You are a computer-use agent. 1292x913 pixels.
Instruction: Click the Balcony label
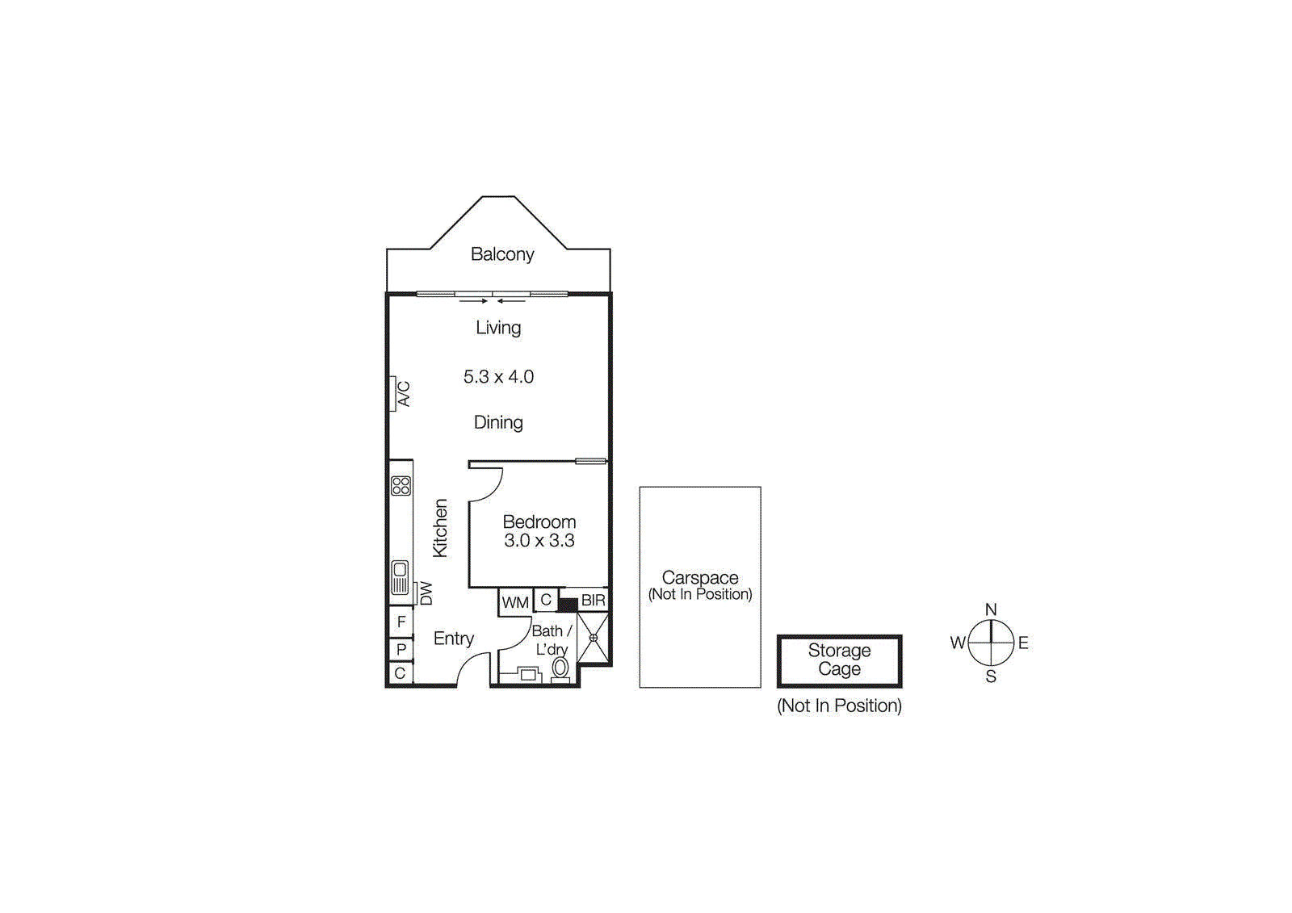click(501, 254)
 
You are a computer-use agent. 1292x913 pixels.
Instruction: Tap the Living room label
click(498, 328)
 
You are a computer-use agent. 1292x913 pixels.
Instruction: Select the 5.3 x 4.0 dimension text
click(498, 377)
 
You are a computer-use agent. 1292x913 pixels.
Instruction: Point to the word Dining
click(498, 423)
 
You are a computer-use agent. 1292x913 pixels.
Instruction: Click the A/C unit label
click(404, 394)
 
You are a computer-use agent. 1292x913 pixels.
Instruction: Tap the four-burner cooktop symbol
click(401, 486)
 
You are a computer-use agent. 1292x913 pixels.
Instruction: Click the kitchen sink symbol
click(400, 577)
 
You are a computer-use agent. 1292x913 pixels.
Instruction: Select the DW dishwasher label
click(426, 593)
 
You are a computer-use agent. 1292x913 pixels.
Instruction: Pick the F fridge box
click(401, 622)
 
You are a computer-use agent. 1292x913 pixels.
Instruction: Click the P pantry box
click(401, 649)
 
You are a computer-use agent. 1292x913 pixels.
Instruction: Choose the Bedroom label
click(539, 522)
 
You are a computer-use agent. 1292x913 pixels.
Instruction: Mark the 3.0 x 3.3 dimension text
click(539, 540)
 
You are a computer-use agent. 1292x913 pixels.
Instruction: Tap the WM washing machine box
click(515, 603)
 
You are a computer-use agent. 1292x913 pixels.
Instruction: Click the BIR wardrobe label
click(593, 601)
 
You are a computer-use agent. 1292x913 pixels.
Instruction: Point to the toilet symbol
click(560, 669)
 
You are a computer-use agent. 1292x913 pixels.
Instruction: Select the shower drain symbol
click(593, 638)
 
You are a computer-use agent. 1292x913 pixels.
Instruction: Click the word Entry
click(454, 639)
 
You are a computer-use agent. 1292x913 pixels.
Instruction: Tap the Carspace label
click(700, 577)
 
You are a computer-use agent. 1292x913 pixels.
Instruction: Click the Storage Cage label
click(839, 660)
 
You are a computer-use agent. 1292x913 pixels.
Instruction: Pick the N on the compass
click(991, 609)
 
